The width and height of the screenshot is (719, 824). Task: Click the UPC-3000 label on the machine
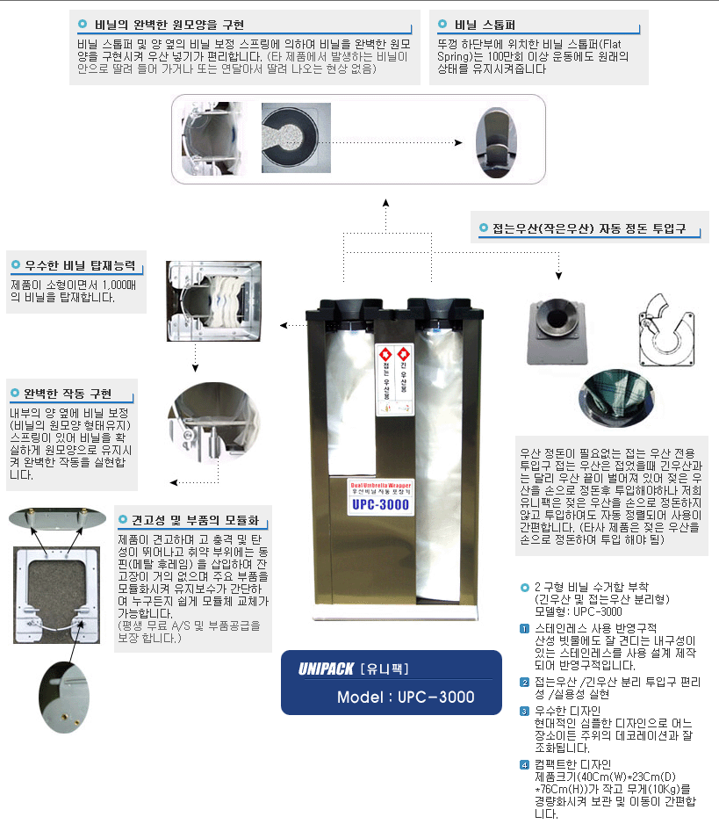(x=375, y=506)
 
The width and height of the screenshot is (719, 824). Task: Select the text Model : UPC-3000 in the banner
(x=406, y=698)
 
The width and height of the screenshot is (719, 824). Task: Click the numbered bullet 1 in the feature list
(x=524, y=628)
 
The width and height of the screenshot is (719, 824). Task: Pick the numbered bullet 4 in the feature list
(x=524, y=764)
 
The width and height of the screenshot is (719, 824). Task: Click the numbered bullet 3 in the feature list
(x=524, y=711)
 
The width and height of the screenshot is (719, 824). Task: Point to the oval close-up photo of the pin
(x=64, y=695)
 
